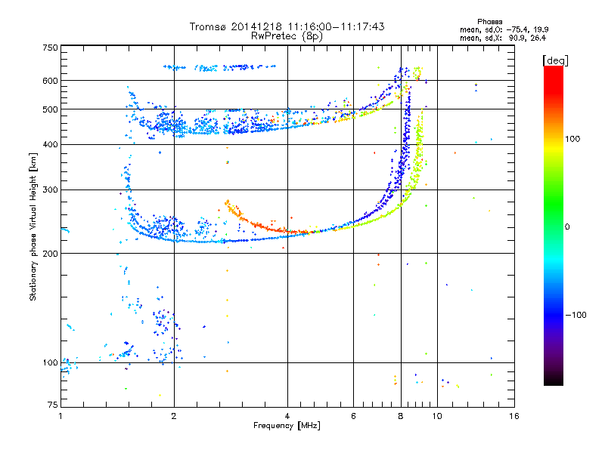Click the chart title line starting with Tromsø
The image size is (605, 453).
[287, 26]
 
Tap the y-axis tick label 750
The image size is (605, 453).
[50, 48]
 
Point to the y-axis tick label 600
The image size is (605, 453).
[50, 81]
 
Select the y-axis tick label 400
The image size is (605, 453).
[50, 144]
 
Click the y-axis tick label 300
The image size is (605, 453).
[50, 190]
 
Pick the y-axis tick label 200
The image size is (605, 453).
[50, 253]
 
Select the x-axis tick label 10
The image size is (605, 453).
[437, 416]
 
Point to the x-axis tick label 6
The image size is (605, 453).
[353, 416]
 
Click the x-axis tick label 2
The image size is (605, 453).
[174, 416]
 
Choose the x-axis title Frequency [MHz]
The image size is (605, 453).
[287, 426]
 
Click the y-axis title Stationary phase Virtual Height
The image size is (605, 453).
[33, 226]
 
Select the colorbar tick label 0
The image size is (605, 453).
[569, 226]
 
